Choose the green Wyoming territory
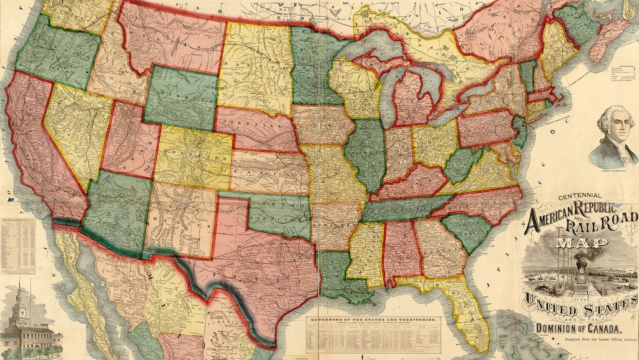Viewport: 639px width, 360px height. (x=180, y=97)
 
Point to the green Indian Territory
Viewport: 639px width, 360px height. (x=278, y=212)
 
